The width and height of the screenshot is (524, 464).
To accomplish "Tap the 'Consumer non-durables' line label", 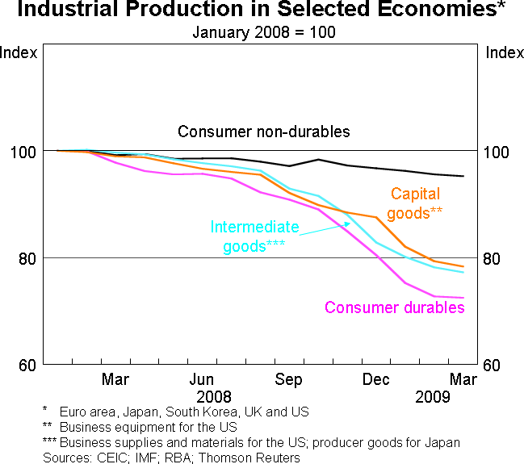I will tap(264, 132).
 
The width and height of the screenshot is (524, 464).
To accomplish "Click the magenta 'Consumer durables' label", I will tap(395, 307).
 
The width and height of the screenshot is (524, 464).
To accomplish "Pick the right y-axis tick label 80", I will tap(494, 259).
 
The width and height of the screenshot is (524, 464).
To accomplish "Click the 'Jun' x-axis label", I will tap(202, 379).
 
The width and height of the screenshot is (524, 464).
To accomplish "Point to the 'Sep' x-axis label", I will tap(289, 379).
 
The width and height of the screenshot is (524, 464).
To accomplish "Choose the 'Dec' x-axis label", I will tap(376, 379).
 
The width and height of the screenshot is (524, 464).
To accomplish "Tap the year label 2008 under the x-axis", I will tap(214, 397).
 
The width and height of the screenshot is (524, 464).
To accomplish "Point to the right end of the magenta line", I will tap(463, 298).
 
